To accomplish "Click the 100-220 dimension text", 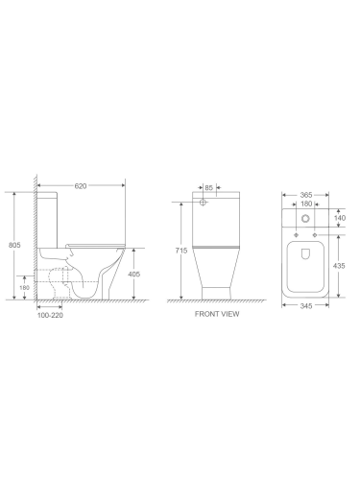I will (51, 314).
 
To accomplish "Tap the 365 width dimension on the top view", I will (305, 193).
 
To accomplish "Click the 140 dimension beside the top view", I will (341, 219).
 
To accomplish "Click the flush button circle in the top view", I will (305, 219).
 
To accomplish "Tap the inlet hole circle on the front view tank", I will (204, 204).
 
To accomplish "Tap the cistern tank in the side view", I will (51, 216).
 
